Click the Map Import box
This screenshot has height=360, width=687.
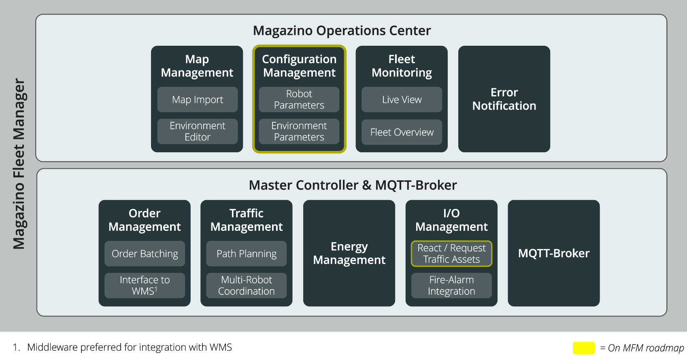pyautogui.click(x=197, y=100)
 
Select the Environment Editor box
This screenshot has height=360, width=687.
pyautogui.click(x=197, y=131)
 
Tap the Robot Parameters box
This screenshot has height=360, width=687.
pyautogui.click(x=299, y=100)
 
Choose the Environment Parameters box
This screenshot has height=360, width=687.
pyautogui.click(x=299, y=131)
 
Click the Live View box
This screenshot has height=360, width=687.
pyautogui.click(x=402, y=100)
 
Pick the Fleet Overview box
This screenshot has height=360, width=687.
pyautogui.click(x=402, y=132)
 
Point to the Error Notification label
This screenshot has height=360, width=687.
pyautogui.click(x=504, y=99)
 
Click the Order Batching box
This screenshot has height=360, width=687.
pyautogui.click(x=145, y=253)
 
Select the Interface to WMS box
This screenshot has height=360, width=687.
pyautogui.click(x=145, y=285)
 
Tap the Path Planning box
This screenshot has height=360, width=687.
pyautogui.click(x=246, y=253)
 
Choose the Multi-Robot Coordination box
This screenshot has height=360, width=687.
pyautogui.click(x=246, y=285)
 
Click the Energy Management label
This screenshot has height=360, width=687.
pyautogui.click(x=349, y=253)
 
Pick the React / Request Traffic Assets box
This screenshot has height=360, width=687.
pyautogui.click(x=451, y=253)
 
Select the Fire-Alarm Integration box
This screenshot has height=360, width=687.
pyautogui.click(x=451, y=285)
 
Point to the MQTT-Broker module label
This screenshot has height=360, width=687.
pyautogui.click(x=553, y=253)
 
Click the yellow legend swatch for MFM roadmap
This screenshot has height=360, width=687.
pyautogui.click(x=583, y=348)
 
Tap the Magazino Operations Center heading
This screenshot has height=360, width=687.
pyautogui.click(x=342, y=31)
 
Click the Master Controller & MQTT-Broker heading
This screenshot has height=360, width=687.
pyautogui.click(x=353, y=185)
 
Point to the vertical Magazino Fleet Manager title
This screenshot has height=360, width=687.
pyautogui.click(x=19, y=164)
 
